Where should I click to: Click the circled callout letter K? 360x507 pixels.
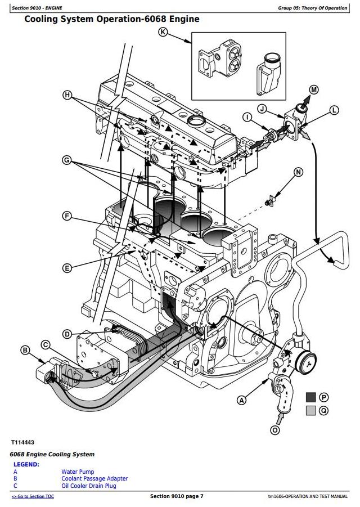[x=163, y=32]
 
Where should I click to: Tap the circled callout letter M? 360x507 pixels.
[x=313, y=89]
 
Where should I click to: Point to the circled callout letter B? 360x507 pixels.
[x=25, y=350]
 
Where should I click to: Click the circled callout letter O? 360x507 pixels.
[x=274, y=430]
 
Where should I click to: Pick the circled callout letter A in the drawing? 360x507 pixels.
[x=242, y=401]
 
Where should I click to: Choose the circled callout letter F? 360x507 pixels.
[x=67, y=216]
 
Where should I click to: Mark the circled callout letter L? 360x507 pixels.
[x=334, y=110]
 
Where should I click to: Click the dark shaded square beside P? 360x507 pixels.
[x=310, y=397]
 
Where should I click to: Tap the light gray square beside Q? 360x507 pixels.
[x=310, y=411]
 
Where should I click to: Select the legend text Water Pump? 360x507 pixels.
[x=78, y=472]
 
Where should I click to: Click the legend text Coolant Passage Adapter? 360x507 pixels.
[x=94, y=479]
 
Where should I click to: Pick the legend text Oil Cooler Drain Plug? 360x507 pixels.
[x=89, y=486]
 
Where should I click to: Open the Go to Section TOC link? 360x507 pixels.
[x=33, y=496]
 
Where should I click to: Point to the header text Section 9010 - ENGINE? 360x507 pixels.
[x=37, y=8]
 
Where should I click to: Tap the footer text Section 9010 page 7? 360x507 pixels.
[x=177, y=496]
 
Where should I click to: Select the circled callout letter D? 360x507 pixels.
[x=67, y=334]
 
